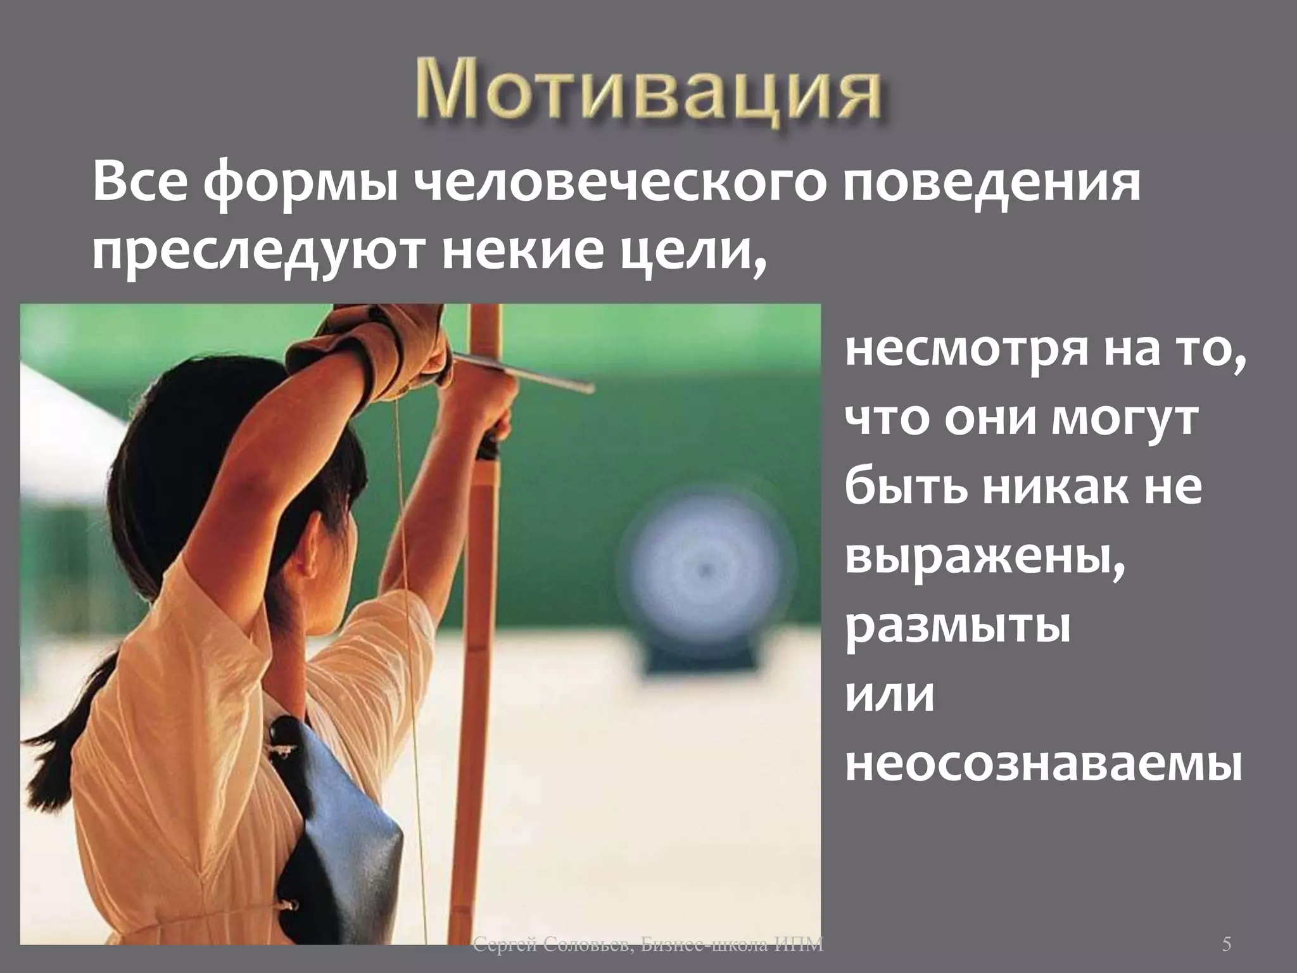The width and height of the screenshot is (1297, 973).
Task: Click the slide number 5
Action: tap(1226, 945)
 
